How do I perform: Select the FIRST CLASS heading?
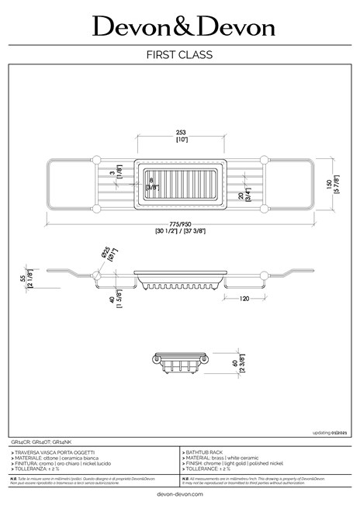[180, 55]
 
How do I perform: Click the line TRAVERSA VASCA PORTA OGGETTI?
[55, 451]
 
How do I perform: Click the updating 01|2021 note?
[329, 432]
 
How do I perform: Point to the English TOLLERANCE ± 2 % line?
[216, 469]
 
